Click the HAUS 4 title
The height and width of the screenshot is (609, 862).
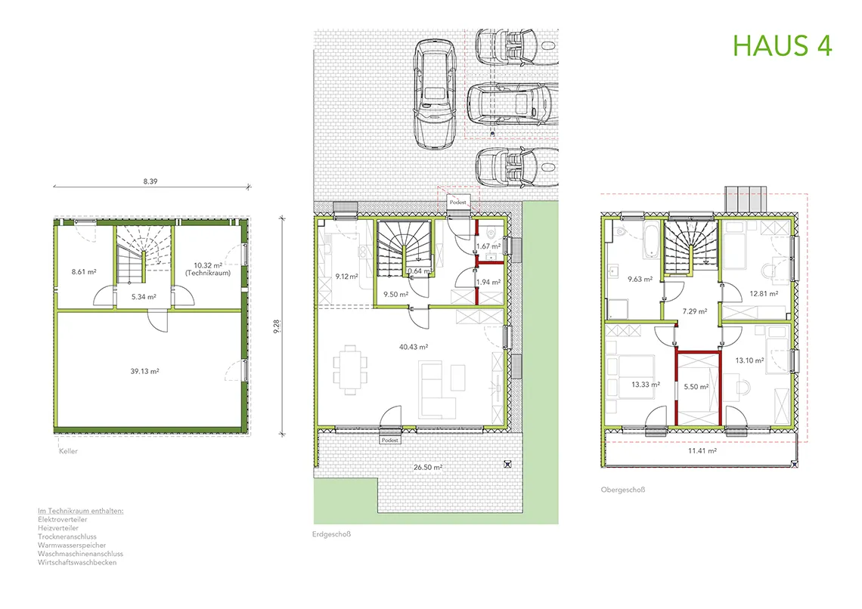pyautogui.click(x=783, y=45)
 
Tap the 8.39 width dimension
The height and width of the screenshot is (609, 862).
pyautogui.click(x=150, y=181)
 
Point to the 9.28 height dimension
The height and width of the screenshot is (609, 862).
pyautogui.click(x=277, y=326)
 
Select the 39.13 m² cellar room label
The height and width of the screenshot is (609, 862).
pyautogui.click(x=144, y=371)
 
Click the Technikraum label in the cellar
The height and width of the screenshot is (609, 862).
pyautogui.click(x=208, y=273)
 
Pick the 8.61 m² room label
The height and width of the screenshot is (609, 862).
pyautogui.click(x=84, y=271)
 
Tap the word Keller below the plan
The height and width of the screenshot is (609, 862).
pyautogui.click(x=68, y=451)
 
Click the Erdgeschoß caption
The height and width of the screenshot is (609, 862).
pyautogui.click(x=331, y=533)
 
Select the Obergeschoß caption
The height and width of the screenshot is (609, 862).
pyautogui.click(x=623, y=490)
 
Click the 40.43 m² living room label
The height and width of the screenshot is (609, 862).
pyautogui.click(x=414, y=347)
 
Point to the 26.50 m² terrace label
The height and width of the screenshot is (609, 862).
pyautogui.click(x=428, y=467)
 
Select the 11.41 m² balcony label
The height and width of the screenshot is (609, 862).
pyautogui.click(x=702, y=451)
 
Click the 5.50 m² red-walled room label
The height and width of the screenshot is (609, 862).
pyautogui.click(x=696, y=387)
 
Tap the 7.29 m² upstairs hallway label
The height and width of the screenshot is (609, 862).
pyautogui.click(x=694, y=311)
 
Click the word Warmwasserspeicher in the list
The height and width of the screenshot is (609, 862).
pyautogui.click(x=72, y=546)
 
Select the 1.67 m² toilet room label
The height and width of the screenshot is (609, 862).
pyautogui.click(x=488, y=246)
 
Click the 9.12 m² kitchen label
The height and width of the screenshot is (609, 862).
pyautogui.click(x=347, y=277)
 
